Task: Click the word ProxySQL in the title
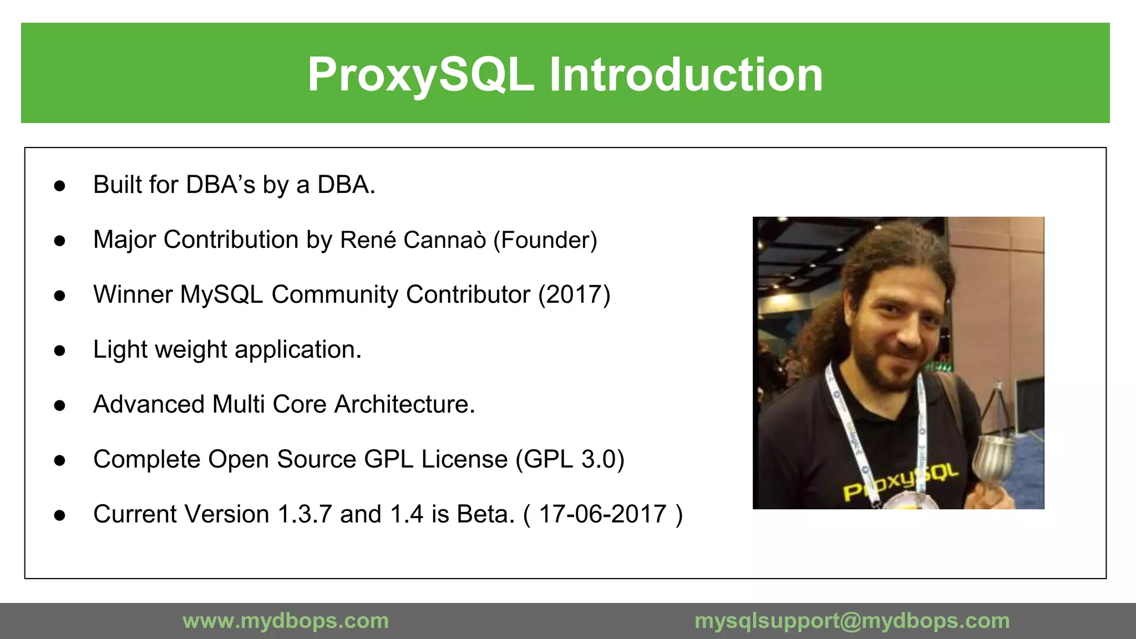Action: point(420,75)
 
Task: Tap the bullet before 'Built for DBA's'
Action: point(60,186)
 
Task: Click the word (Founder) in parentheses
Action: point(545,240)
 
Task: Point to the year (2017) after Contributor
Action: point(574,295)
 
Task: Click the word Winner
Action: point(133,295)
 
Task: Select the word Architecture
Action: point(404,404)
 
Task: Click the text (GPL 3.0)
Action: point(570,459)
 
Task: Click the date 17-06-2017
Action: point(602,514)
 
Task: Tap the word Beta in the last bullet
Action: point(485,514)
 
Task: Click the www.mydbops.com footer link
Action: point(286,621)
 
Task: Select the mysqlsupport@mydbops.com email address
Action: point(852,621)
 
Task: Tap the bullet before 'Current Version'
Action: point(60,515)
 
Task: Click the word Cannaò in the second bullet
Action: point(444,240)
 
